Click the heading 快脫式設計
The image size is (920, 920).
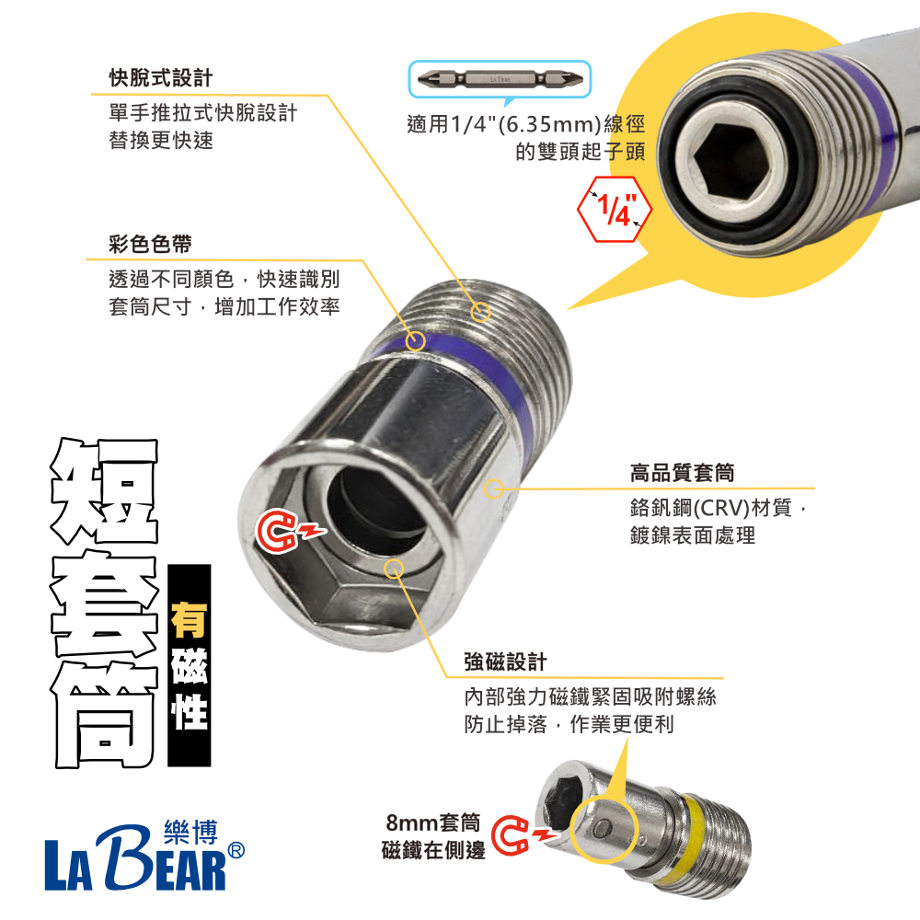(160, 77)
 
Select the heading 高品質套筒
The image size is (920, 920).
(682, 473)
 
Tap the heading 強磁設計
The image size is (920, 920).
(505, 661)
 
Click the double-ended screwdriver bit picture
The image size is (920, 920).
(500, 78)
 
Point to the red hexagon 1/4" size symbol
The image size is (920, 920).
(615, 209)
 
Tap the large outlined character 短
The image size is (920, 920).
(101, 493)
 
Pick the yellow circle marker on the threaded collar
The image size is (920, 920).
(480, 312)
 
